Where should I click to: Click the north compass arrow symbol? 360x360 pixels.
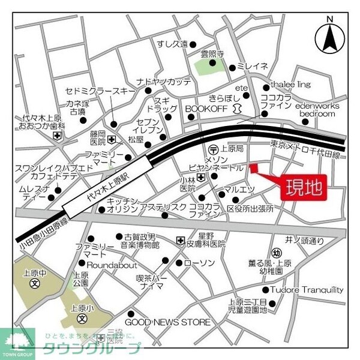tap(329, 37)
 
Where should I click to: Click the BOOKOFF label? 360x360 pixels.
tap(206, 108)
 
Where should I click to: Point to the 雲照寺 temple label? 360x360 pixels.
tap(211, 53)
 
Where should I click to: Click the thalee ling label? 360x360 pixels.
tap(290, 85)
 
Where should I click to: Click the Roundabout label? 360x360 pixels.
tap(112, 265)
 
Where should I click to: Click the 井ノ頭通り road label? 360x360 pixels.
tap(304, 241)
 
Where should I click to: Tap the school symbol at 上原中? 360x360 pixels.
tap(35, 282)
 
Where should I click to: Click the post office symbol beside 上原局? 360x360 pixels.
tap(212, 149)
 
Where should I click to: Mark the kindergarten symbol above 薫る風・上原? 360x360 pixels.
tap(277, 253)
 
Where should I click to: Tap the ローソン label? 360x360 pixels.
tap(199, 263)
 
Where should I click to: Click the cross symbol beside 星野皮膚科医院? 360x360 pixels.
tap(180, 241)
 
